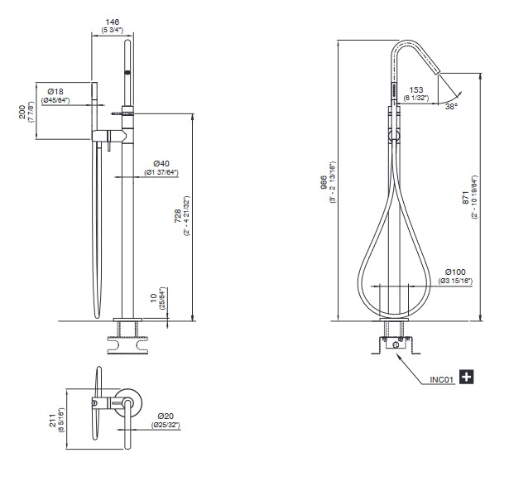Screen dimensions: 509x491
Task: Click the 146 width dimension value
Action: tap(113, 22)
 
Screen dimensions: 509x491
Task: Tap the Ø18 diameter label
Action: tap(55, 92)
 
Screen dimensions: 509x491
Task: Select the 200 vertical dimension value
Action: tap(22, 112)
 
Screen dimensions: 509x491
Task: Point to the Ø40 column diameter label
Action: tap(161, 164)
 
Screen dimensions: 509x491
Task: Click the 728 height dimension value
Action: tap(178, 216)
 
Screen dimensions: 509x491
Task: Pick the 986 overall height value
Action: tap(324, 183)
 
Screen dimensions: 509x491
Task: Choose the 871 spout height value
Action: tap(465, 198)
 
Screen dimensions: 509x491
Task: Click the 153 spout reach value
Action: tap(416, 89)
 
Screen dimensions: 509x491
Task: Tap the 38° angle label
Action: tap(452, 106)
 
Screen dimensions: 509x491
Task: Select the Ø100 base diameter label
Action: tap(455, 272)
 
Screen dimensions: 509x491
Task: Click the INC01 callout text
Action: tap(442, 379)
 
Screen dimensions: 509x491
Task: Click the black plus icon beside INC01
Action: tap(467, 377)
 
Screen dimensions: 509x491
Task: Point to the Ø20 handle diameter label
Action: tap(166, 416)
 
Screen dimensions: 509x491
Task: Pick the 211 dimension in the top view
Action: tap(53, 421)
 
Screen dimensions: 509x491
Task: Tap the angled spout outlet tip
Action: tap(437, 70)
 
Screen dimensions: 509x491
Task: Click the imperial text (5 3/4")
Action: tap(113, 31)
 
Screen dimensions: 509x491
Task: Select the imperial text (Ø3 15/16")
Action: tap(455, 281)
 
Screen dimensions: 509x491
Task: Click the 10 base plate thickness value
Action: tap(154, 297)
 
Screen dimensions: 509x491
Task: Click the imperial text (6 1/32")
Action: tap(416, 98)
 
